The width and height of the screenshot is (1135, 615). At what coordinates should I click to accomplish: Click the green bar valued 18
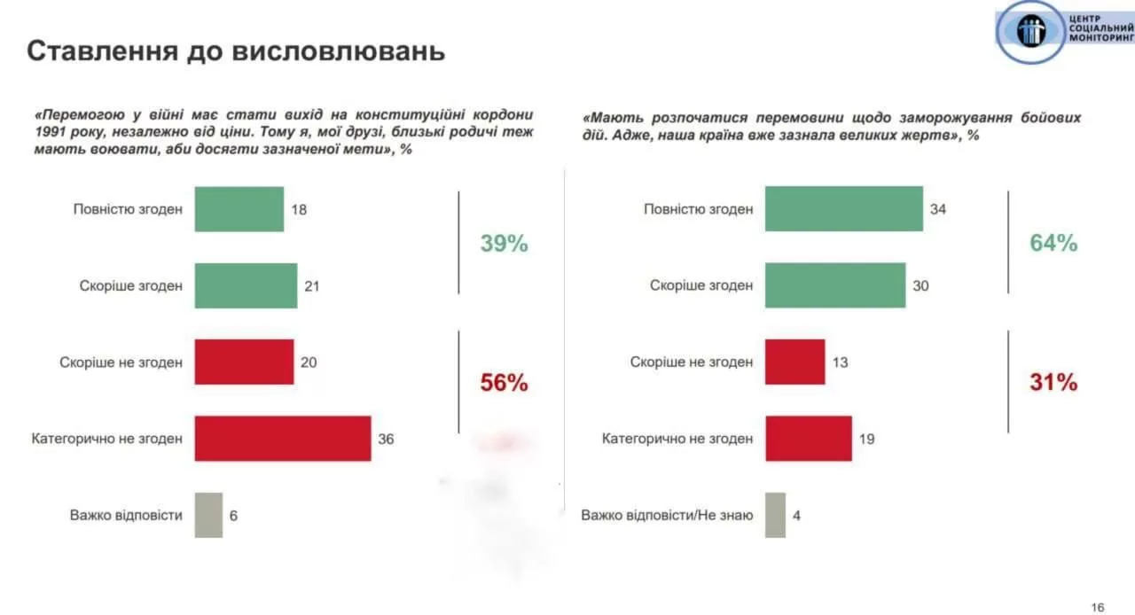[x=239, y=209]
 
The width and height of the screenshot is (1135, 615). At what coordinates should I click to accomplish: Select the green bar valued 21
[x=246, y=285]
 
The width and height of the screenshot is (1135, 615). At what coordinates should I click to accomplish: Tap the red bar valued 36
[x=282, y=438]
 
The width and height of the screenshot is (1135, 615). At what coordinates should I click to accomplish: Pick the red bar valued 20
[x=244, y=362]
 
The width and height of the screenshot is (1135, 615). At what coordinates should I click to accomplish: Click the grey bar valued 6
[x=208, y=515]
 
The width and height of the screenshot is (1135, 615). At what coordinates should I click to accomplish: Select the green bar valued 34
[x=843, y=209]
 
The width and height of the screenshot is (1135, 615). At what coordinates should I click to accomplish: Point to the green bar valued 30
[x=835, y=285]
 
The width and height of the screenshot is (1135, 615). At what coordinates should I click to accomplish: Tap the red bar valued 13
[x=794, y=362]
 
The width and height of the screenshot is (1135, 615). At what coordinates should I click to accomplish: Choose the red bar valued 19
[x=808, y=438]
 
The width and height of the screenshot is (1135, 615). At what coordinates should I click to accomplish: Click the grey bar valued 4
[x=775, y=515]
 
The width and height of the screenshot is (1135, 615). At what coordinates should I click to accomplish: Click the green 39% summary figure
[x=504, y=244]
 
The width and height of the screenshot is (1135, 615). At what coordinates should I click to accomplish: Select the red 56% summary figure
[x=504, y=383]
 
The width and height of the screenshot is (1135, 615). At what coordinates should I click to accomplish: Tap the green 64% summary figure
[x=1053, y=244]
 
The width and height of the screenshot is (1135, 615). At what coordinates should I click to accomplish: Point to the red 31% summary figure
[x=1053, y=383]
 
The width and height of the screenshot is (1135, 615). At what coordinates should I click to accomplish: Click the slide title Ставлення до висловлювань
[x=236, y=51]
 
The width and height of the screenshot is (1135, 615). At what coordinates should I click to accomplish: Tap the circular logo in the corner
[x=1031, y=32]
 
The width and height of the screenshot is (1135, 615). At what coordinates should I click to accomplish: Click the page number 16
[x=1098, y=607]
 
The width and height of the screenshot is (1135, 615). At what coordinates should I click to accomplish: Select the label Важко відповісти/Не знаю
[x=667, y=515]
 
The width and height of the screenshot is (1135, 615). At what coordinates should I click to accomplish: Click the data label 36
[x=386, y=439]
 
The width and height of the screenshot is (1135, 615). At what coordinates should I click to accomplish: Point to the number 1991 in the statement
[x=51, y=132]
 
